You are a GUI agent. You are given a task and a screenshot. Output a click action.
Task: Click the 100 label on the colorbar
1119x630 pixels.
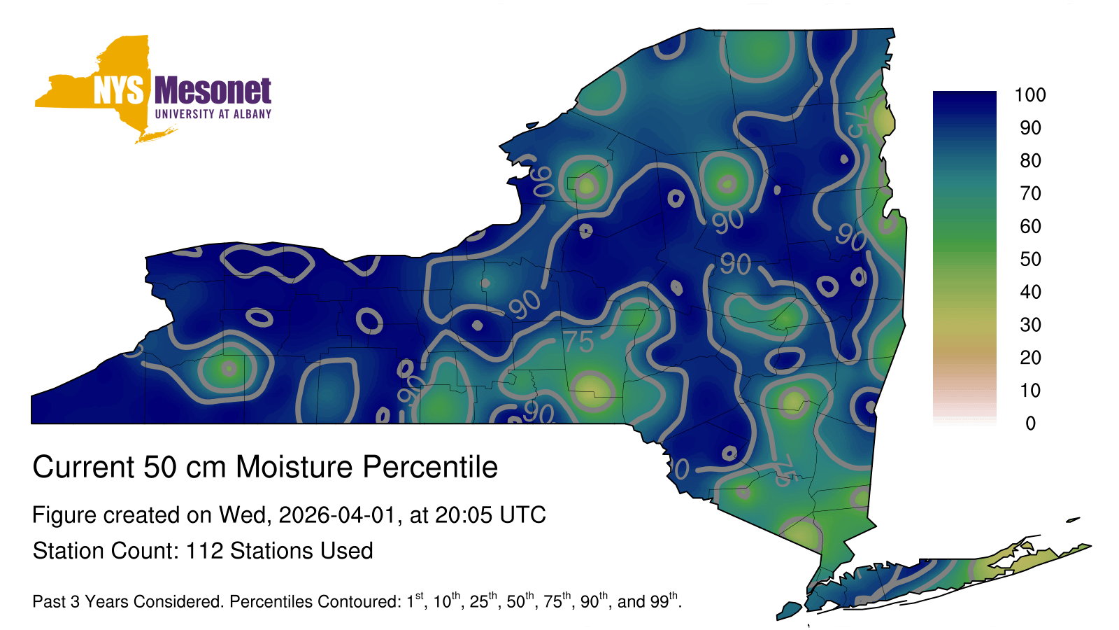coord(1030,94)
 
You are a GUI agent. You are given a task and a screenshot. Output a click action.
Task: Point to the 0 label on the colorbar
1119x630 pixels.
coord(1030,423)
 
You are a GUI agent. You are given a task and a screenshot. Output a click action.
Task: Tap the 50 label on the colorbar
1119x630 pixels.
coord(1030,259)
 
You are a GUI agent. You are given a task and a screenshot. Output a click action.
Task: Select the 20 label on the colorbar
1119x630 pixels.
coord(1030,358)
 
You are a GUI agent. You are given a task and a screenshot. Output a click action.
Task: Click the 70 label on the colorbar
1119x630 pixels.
coord(1030,193)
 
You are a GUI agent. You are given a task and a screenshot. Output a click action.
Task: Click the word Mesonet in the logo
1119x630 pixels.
coord(213,90)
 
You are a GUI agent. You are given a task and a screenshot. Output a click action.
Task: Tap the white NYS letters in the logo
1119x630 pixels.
coord(119,90)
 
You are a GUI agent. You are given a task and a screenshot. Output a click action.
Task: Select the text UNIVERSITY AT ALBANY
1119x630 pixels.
coord(213,114)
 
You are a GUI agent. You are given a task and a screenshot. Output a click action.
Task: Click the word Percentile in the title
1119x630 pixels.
coord(430,467)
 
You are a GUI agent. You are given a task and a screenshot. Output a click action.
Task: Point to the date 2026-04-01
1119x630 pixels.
coord(337,515)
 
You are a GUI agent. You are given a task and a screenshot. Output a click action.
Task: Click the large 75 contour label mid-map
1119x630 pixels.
coord(579,342)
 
